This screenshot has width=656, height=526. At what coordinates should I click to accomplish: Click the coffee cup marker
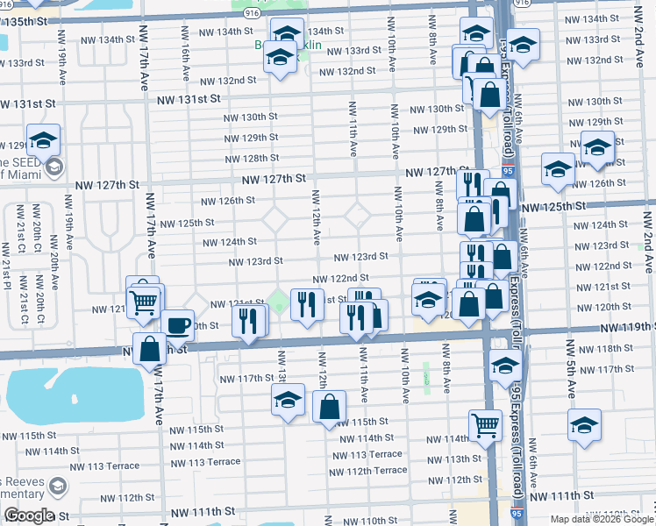(x=177, y=324)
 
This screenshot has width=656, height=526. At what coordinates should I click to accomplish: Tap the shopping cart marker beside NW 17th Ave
(x=143, y=302)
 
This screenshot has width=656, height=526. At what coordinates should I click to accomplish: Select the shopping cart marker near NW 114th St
(x=484, y=425)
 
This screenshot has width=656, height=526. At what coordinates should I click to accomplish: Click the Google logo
(x=28, y=515)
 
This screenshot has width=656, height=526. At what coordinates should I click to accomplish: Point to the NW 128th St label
(x=251, y=159)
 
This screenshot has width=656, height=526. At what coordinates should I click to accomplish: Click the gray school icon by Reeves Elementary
(x=57, y=486)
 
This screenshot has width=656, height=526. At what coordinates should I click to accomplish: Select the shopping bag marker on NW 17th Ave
(x=151, y=348)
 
